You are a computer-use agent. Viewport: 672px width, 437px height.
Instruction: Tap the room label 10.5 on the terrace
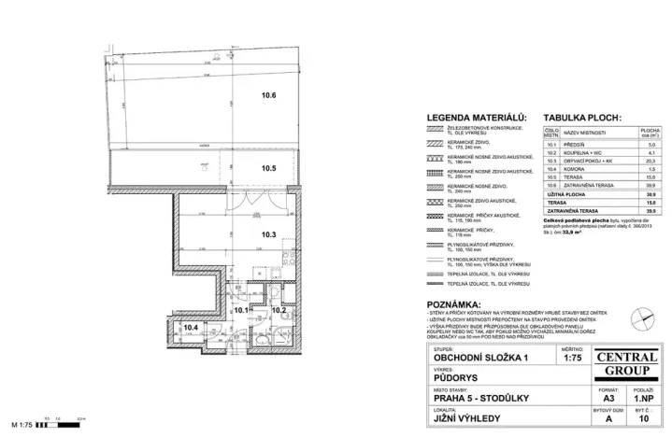pyautogui.click(x=268, y=169)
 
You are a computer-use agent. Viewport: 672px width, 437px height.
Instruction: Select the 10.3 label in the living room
pyautogui.click(x=268, y=234)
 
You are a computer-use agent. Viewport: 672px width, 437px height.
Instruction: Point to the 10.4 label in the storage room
pyautogui.click(x=191, y=327)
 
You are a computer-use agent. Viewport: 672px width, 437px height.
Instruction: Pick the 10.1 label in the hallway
pyautogui.click(x=241, y=309)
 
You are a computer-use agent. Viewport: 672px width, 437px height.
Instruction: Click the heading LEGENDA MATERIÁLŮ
pyautogui.click(x=477, y=118)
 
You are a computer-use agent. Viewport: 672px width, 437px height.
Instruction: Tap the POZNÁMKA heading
pyautogui.click(x=454, y=305)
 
